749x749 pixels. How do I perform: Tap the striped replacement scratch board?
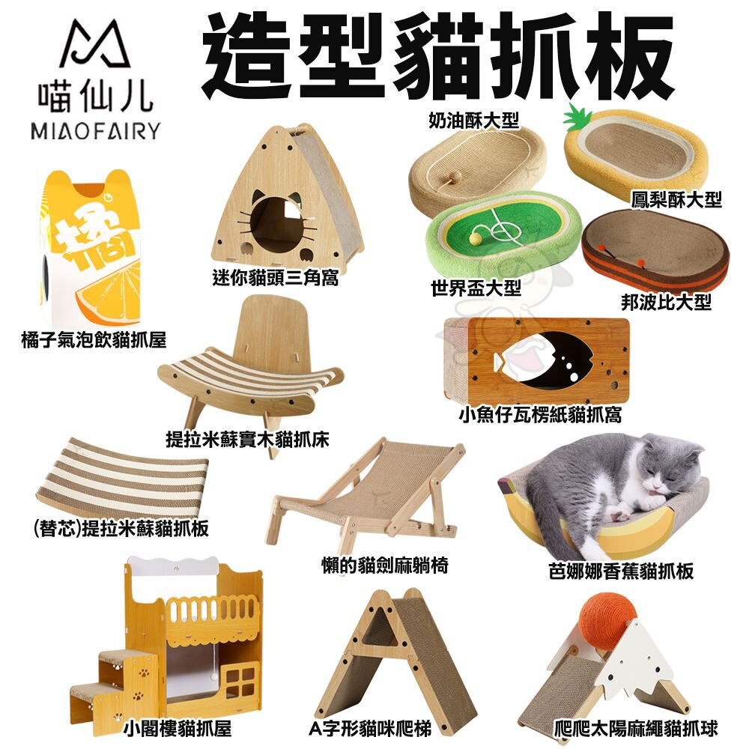pyautogui.click(x=120, y=479)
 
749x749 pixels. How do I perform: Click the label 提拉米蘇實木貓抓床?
pyautogui.click(x=247, y=437)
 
